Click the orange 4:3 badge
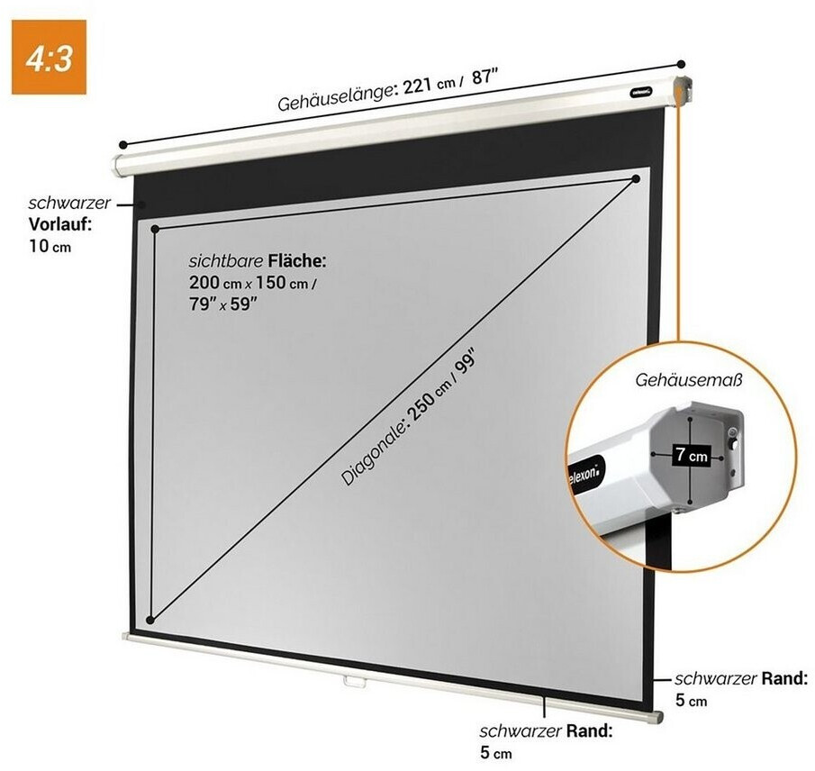pos(49,57)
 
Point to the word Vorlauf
pos(60,224)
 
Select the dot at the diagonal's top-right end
pos(636,180)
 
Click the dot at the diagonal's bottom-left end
pos(150,620)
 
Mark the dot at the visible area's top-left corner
pos(155,229)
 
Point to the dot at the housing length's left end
pos(120,143)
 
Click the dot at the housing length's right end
pos(682,65)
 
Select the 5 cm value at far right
pos(692,700)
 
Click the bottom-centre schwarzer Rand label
pos(545,730)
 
